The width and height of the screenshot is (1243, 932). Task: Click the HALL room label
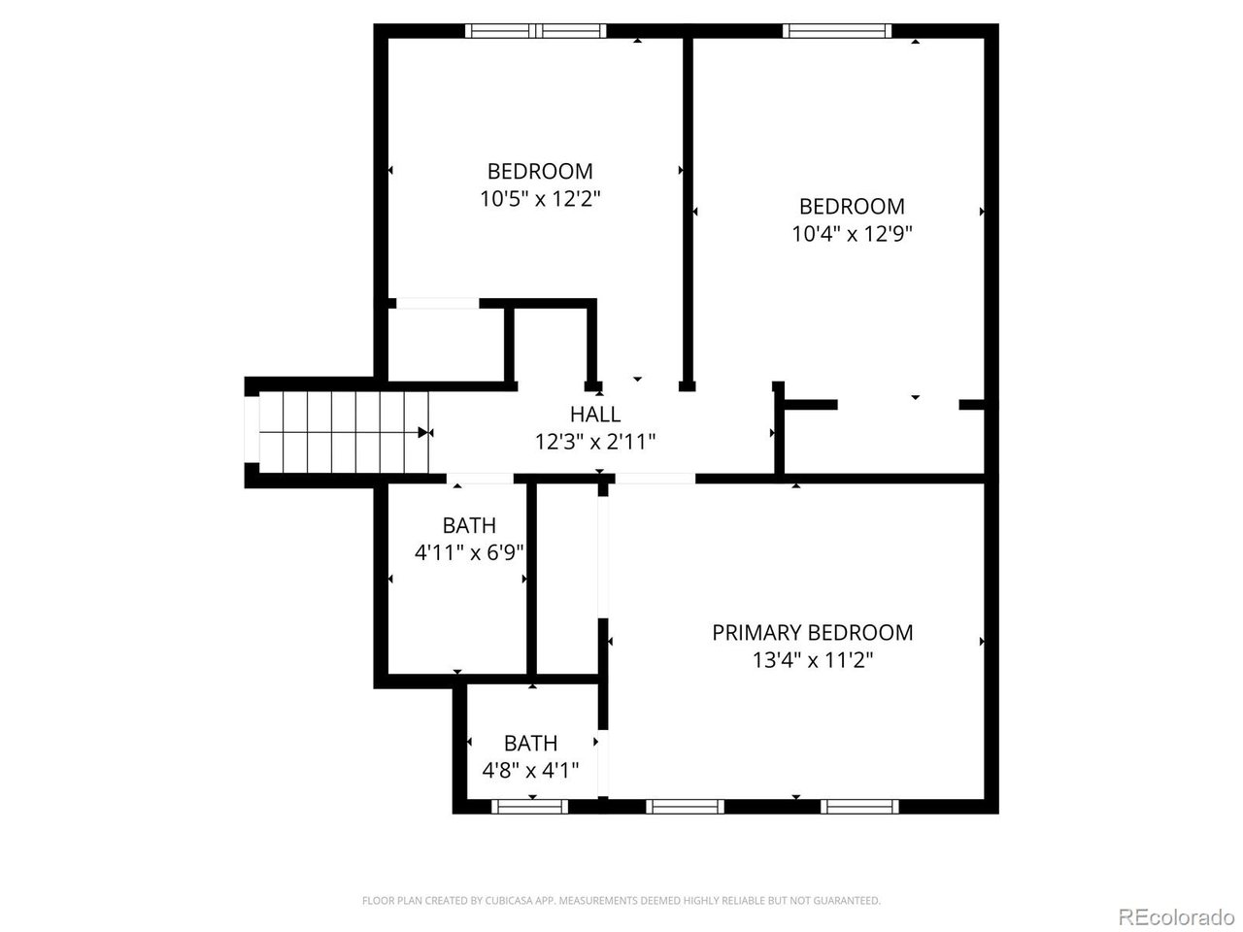point(594,415)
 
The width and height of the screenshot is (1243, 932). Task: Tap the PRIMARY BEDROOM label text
point(812,632)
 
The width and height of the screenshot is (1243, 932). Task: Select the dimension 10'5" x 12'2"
point(540,199)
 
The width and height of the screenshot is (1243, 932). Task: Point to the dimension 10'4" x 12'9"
point(852,234)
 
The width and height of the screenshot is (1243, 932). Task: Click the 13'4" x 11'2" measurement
point(812,660)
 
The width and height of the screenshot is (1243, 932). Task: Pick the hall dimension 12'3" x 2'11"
point(595,442)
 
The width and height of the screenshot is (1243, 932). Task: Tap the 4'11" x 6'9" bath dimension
point(469,552)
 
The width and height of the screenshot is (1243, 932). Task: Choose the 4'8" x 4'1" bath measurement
point(530,770)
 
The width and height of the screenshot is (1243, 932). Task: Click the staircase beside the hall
point(344,432)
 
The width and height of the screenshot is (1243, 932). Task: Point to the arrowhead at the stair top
point(423,432)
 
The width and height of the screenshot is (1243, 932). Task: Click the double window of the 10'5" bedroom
point(536,30)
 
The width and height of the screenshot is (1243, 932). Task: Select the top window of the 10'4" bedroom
point(837,30)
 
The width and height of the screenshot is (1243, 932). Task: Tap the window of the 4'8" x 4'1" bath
point(529,807)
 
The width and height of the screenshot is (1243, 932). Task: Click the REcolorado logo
point(1177,916)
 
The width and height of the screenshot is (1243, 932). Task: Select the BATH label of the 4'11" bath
point(469,525)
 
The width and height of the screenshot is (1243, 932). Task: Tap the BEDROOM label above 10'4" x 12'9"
point(852,207)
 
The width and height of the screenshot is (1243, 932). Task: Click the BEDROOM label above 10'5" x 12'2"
point(540,171)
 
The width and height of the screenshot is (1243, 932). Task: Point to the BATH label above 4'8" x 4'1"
point(530,743)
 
